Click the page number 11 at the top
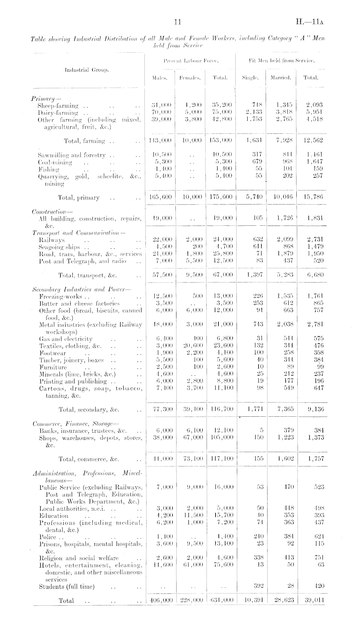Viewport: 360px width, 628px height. [x=177, y=22]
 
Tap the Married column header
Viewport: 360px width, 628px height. [x=281, y=78]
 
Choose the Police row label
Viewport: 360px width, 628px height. [x=47, y=537]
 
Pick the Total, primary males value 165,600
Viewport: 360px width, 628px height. [x=161, y=197]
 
